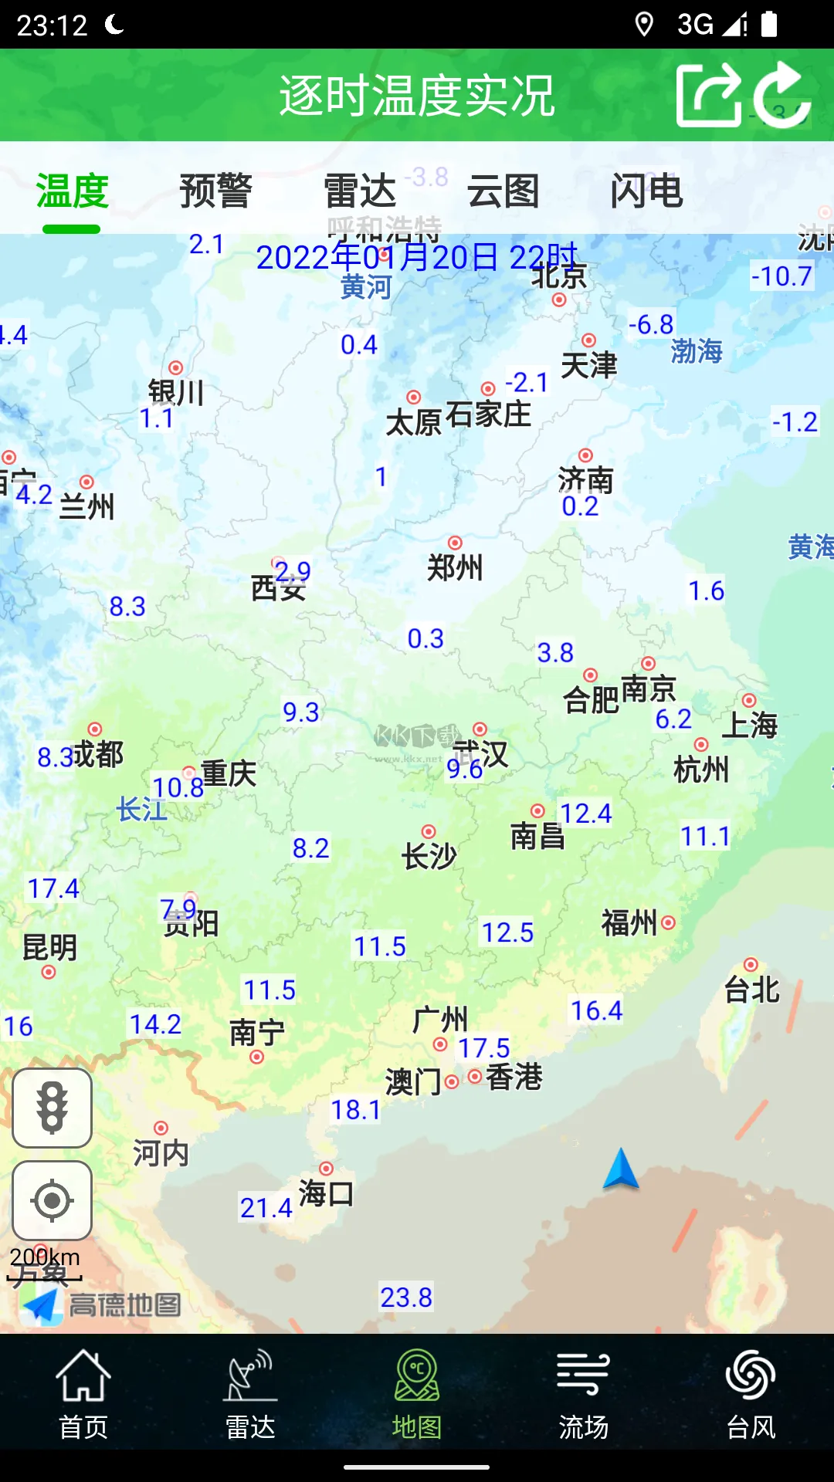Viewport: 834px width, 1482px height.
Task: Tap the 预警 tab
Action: [215, 191]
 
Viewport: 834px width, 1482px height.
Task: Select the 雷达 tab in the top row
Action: [359, 191]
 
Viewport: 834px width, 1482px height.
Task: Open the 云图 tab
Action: [503, 191]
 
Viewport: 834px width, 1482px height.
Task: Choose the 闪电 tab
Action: [646, 191]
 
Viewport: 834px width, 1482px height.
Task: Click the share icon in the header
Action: [707, 95]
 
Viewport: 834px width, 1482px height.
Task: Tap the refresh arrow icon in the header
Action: [781, 95]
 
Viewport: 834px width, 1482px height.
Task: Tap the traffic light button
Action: [52, 1108]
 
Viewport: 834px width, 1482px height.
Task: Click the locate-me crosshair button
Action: [52, 1200]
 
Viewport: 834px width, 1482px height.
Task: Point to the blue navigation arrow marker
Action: [621, 1169]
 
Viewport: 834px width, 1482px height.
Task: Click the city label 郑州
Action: [455, 567]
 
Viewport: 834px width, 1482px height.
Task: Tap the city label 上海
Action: [749, 725]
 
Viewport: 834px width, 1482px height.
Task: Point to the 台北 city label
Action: [751, 989]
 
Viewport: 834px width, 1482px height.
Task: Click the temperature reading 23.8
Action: [406, 1298]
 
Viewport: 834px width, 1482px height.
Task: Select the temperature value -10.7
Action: [781, 276]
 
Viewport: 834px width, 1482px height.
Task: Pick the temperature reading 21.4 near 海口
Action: [266, 1207]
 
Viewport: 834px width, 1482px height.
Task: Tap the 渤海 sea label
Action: [697, 351]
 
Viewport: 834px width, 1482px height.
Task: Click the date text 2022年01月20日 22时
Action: [417, 257]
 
